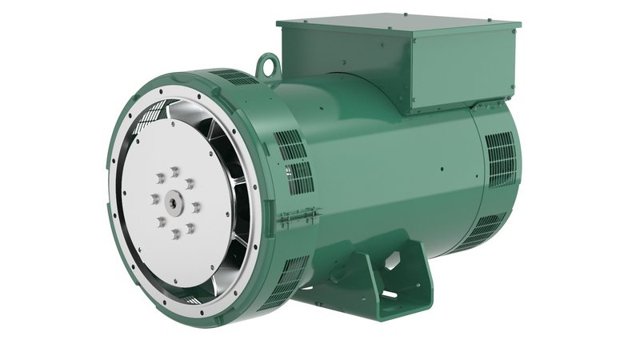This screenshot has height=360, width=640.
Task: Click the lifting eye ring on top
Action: pos(268,62)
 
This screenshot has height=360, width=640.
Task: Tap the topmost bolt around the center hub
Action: pos(174,170)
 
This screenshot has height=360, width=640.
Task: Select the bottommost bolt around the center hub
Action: pos(174,234)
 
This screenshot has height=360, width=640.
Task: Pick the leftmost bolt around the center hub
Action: pos(154,198)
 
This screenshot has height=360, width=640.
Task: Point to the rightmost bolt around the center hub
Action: pos(195,207)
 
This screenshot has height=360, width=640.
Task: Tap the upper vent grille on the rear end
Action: pos(501,156)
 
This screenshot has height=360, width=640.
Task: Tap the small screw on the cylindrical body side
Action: pos(441,170)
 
